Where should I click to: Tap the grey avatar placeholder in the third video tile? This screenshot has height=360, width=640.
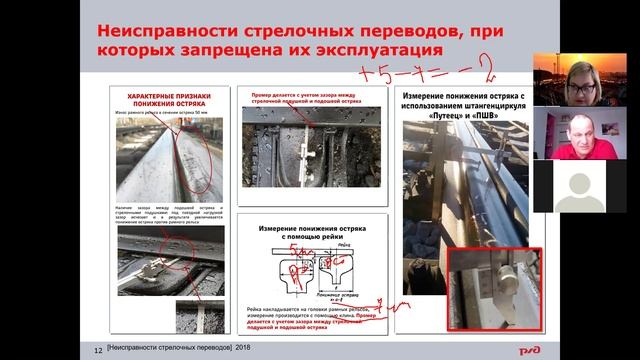pos(586,191)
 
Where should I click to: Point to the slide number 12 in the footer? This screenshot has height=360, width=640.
pos(97,349)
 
